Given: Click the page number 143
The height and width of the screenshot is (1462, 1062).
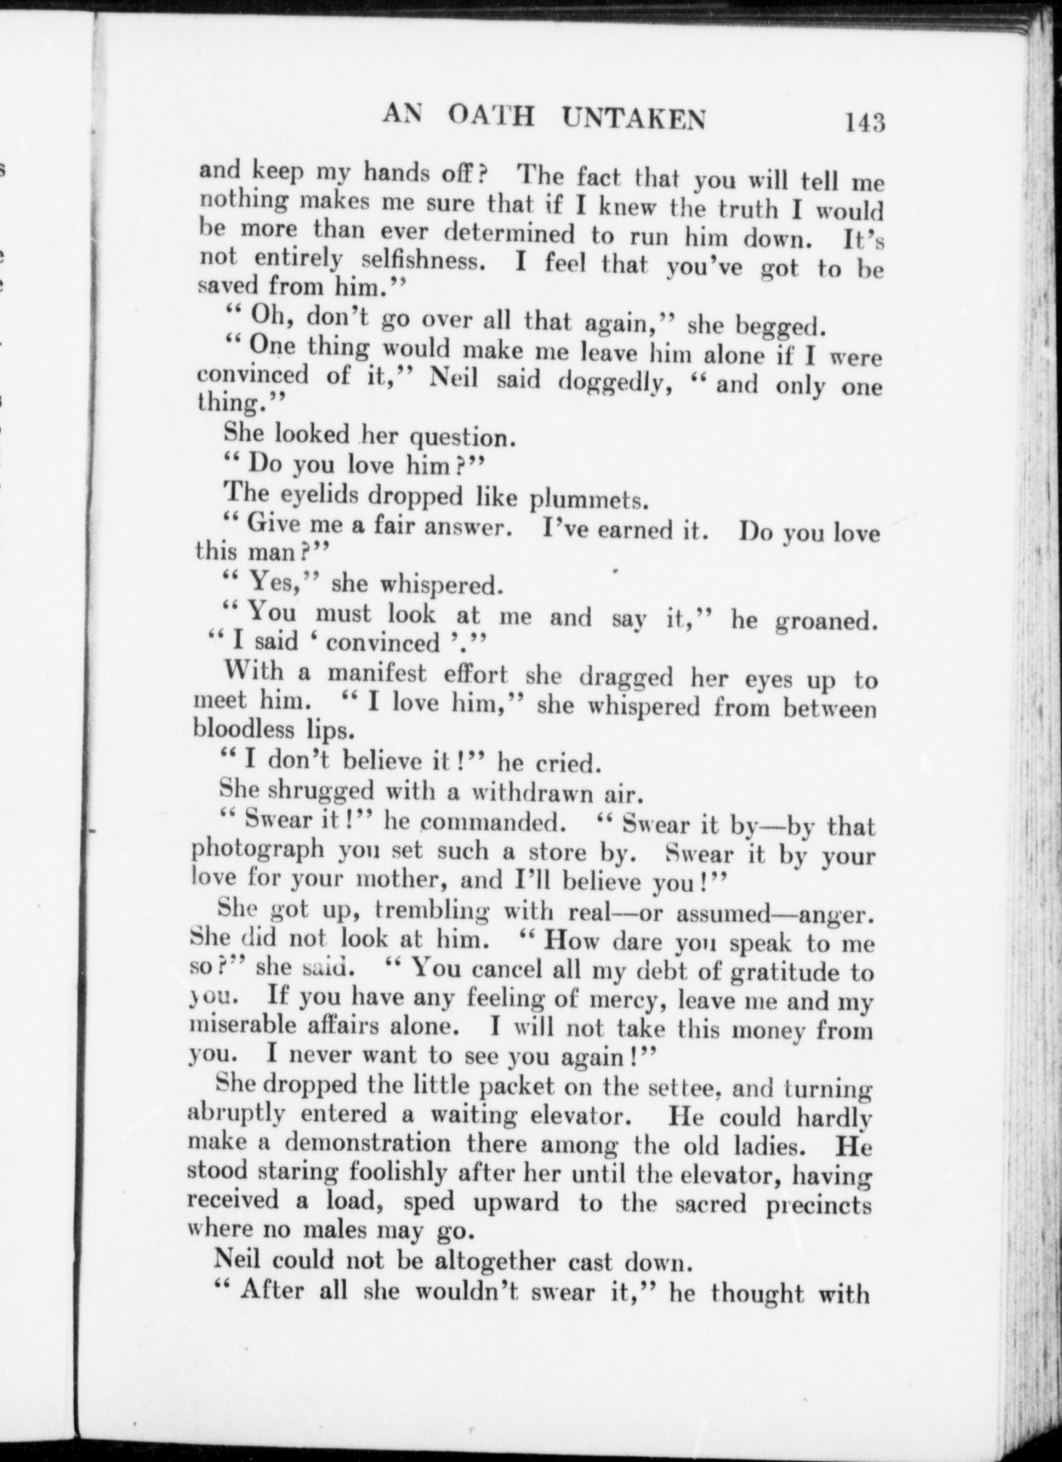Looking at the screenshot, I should (865, 122).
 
